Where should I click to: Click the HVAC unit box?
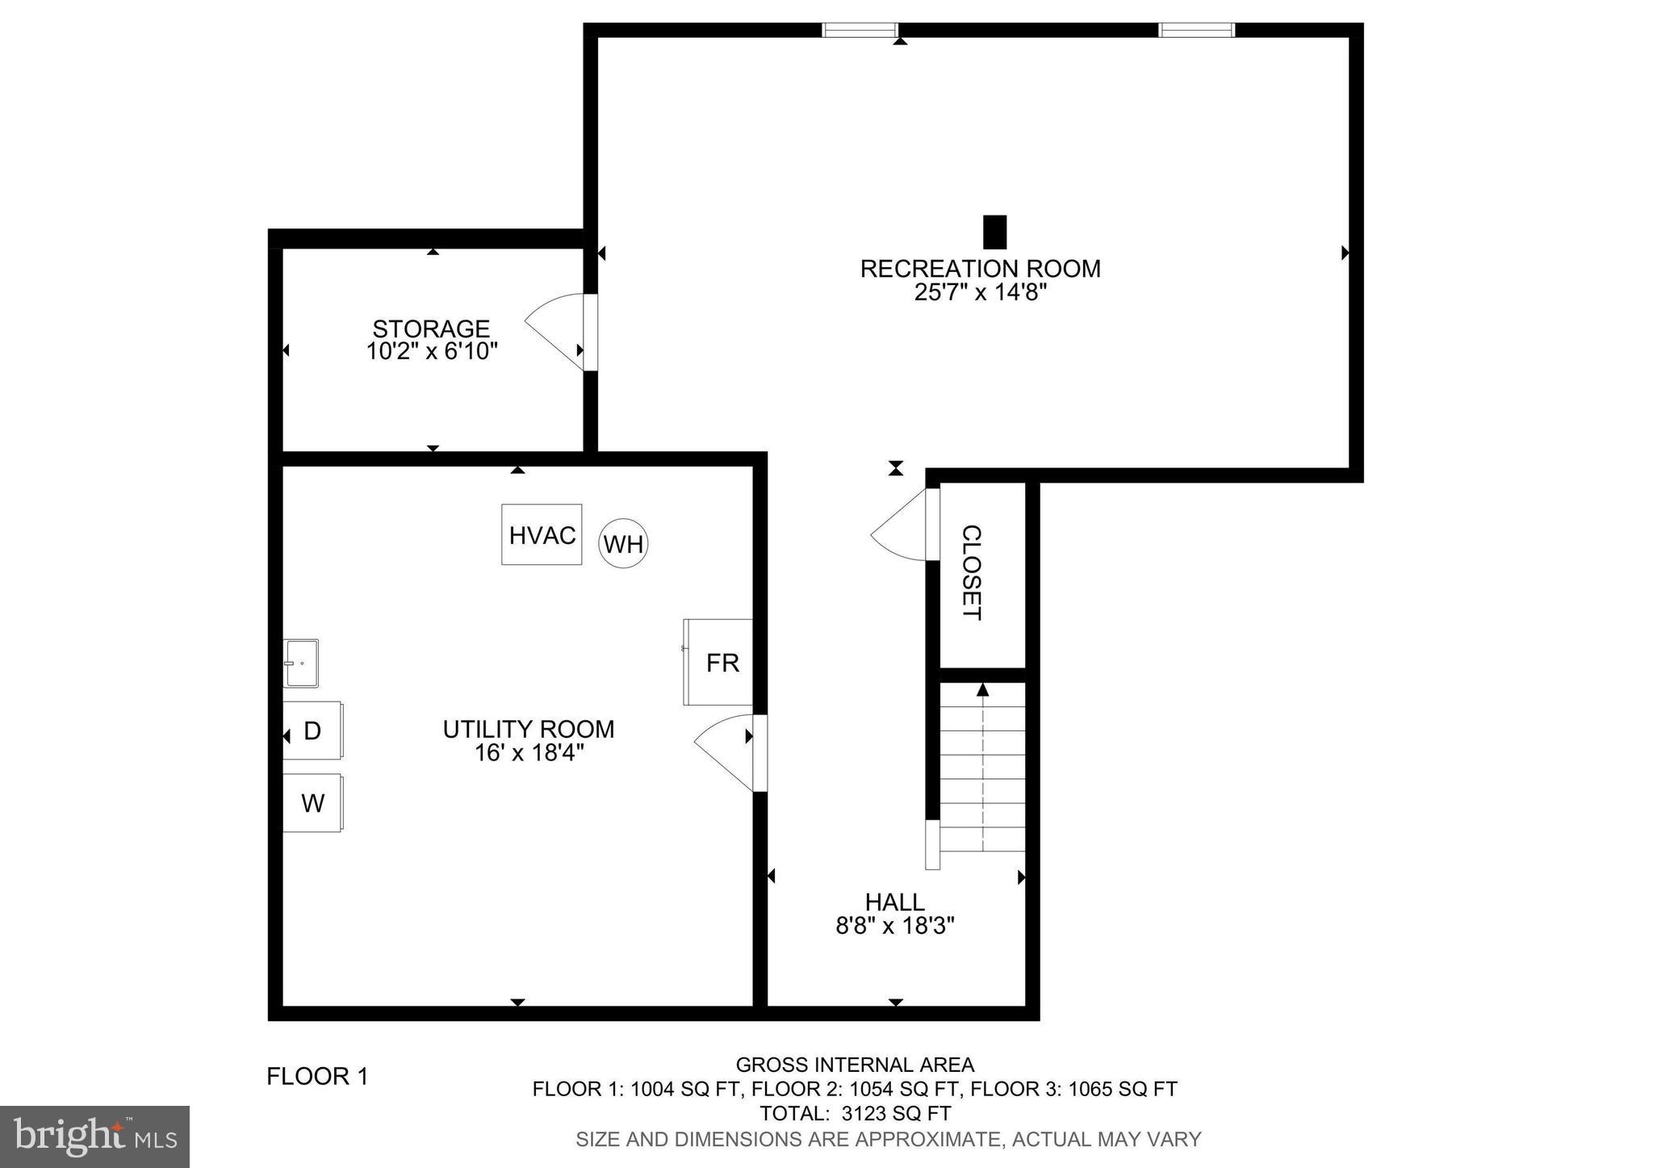click(542, 534)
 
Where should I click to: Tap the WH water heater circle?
click(623, 544)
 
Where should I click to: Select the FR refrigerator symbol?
click(718, 662)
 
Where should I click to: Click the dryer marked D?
click(312, 731)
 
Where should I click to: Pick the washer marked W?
click(312, 803)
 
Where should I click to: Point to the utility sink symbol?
click(301, 663)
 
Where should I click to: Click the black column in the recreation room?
click(995, 232)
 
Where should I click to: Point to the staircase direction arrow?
click(982, 690)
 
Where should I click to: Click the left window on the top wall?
click(860, 30)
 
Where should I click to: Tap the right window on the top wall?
click(1196, 30)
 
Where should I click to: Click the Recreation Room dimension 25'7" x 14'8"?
click(980, 292)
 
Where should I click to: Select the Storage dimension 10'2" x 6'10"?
click(432, 352)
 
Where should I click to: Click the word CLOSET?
click(972, 572)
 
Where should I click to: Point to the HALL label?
click(894, 902)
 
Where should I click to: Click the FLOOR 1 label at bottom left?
click(317, 1076)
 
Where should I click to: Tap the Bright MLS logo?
click(94, 1137)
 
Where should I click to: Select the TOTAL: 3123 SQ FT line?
click(855, 1114)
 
